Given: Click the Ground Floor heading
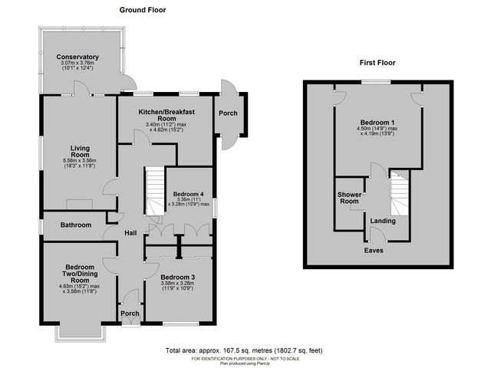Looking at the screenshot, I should (x=143, y=10).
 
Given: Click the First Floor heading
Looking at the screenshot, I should (x=377, y=63).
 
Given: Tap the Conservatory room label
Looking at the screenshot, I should (x=77, y=57).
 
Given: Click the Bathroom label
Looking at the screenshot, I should (x=77, y=225).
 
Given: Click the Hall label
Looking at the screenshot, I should (x=130, y=233).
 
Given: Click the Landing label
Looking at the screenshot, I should (x=383, y=222).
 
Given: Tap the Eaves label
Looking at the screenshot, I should (x=374, y=251).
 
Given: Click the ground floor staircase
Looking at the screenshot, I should (x=156, y=192).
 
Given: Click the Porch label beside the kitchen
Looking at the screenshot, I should (x=228, y=113).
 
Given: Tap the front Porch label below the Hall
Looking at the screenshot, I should (x=130, y=313).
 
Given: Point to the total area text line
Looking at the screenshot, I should (x=245, y=350).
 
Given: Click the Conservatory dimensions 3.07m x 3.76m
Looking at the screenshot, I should (x=77, y=64).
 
